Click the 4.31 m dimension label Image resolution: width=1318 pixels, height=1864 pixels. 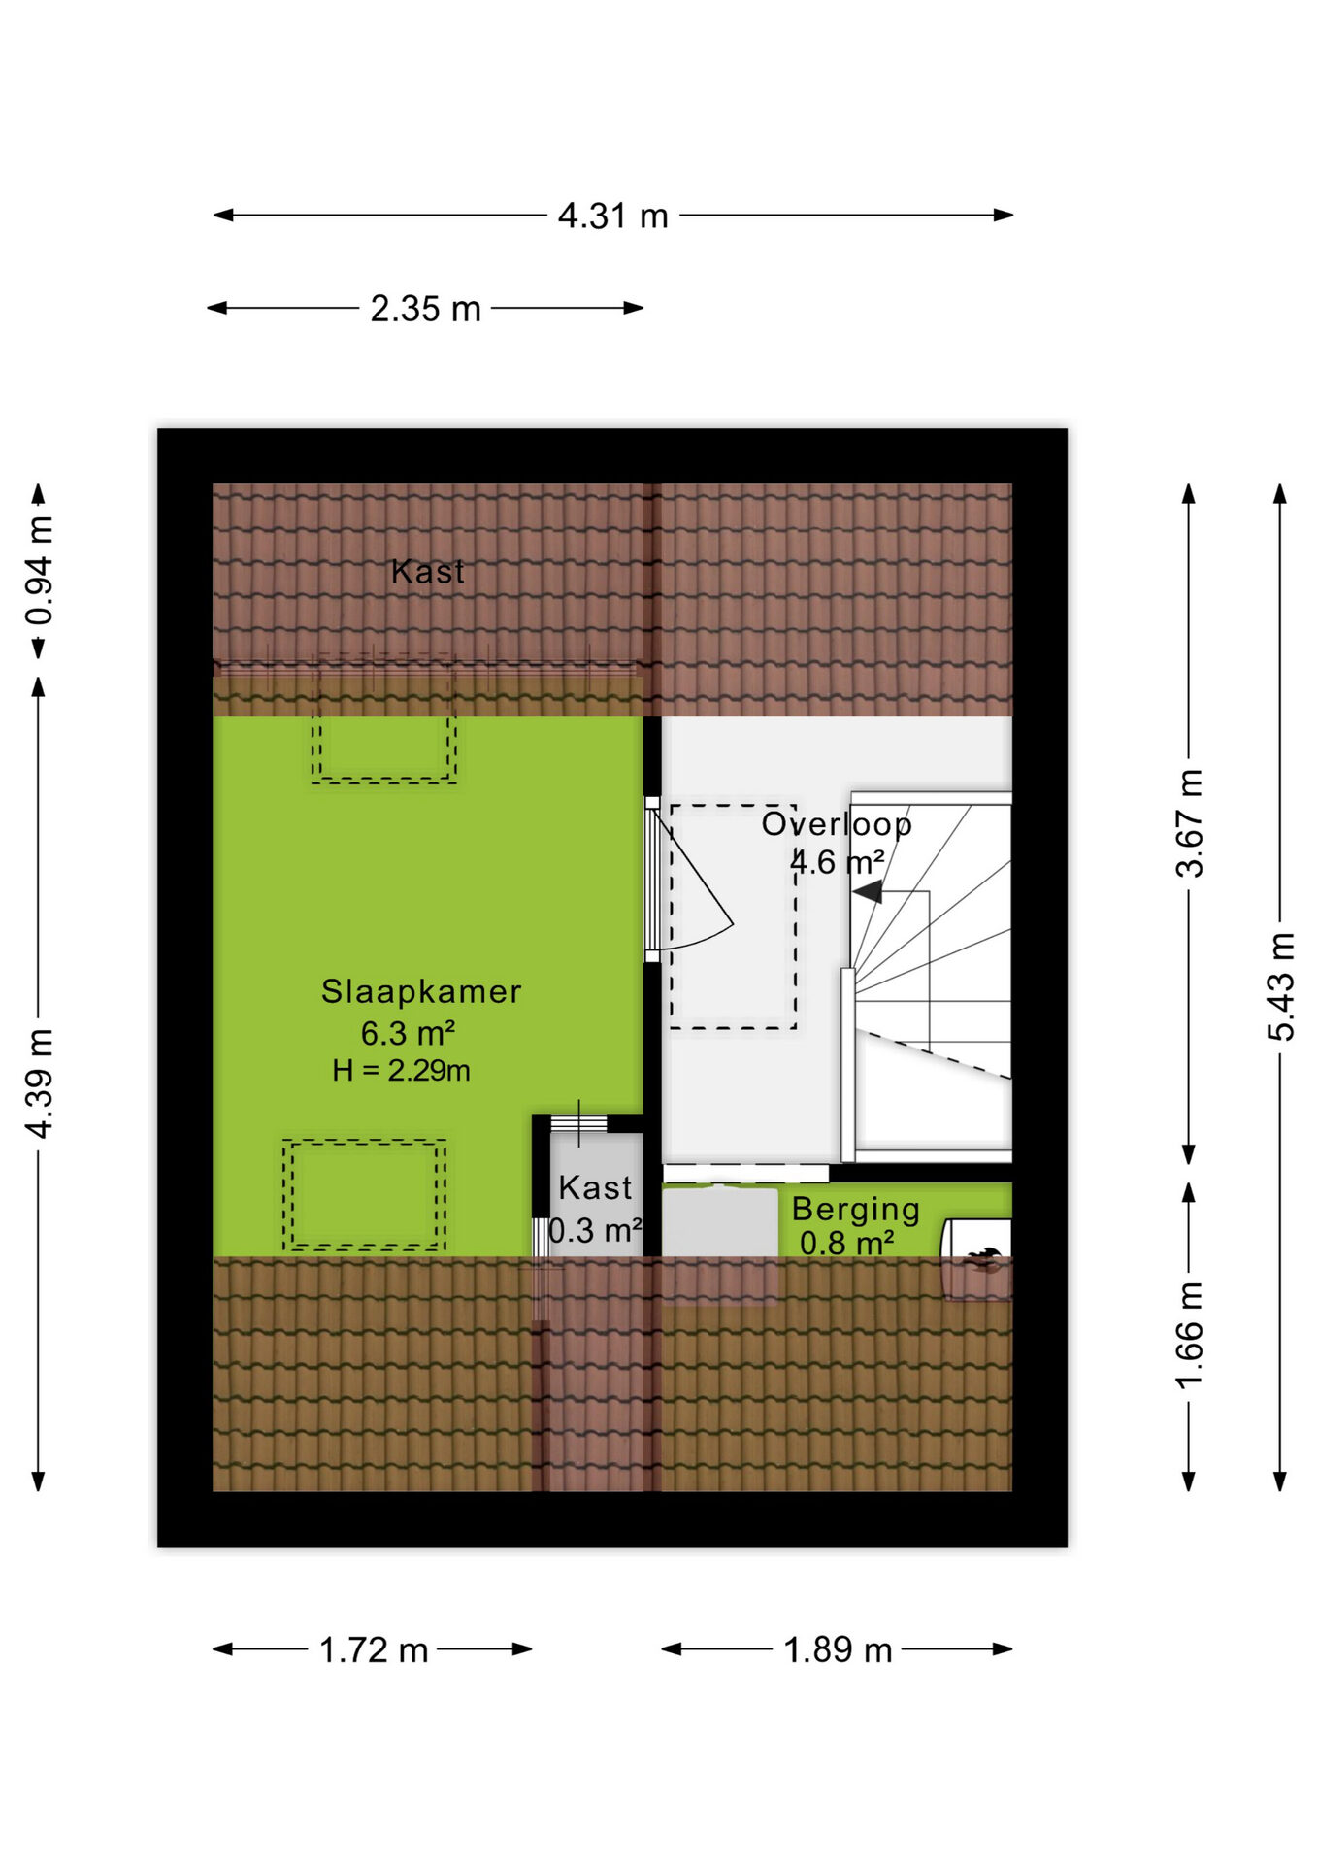pos(612,216)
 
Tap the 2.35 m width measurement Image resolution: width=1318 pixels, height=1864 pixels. pos(425,309)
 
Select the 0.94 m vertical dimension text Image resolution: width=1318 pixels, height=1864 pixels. pos(40,571)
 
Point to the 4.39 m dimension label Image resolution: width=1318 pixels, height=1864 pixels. pos(40,1083)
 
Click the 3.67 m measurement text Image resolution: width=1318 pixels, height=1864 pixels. pos(1189,823)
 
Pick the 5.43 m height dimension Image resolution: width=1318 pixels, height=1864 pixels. pos(1281,986)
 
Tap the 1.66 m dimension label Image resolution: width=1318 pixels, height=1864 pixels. pos(1189,1336)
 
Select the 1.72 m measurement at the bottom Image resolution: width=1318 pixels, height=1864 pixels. pos(374,1649)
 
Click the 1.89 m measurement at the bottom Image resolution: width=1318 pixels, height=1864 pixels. pos(838,1649)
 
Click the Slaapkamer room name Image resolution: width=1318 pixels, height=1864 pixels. pos(421,991)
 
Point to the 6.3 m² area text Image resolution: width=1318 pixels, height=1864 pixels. pos(408,1033)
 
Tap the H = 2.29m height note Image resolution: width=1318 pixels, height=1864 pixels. pos(401,1071)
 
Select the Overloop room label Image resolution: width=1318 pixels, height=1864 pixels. pos(837,824)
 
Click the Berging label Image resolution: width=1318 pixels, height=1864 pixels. pos(855,1210)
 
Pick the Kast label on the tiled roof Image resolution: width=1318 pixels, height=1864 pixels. pos(428,572)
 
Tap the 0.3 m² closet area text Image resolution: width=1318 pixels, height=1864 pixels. pos(595,1230)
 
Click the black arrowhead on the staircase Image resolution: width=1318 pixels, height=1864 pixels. pos(868,891)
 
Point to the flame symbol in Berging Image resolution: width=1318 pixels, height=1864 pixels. pos(982,1259)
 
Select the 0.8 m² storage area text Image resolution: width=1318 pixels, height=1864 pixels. pos(846,1243)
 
